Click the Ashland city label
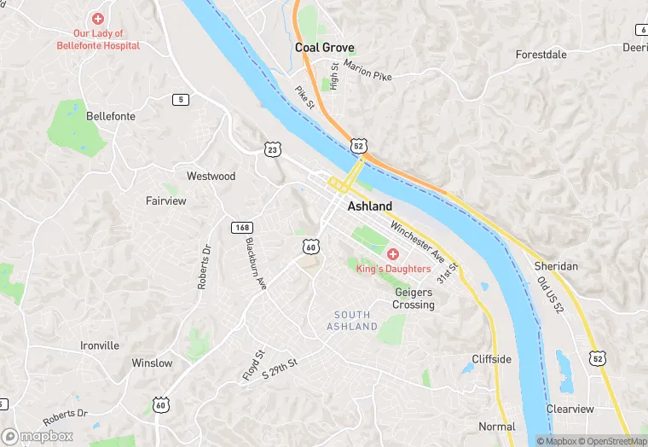370,206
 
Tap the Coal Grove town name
325,48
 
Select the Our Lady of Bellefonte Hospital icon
98,18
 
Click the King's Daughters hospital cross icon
393,254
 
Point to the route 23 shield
272,148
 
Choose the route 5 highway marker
180,100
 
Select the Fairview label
165,201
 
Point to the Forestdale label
541,55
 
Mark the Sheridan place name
556,266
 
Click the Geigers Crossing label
414,298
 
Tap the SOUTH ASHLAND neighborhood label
352,321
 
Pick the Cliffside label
492,359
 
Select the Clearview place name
570,409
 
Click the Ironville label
100,345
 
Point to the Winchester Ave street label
419,241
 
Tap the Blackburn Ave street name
257,263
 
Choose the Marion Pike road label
368,73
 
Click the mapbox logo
38,435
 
